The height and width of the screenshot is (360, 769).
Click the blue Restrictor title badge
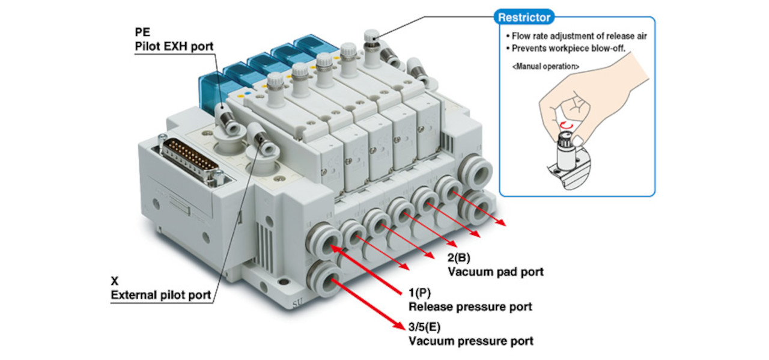[524, 17]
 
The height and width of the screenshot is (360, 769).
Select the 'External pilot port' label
[160, 295]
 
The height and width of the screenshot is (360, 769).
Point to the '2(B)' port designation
[459, 259]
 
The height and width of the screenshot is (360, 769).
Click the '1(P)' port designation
[421, 293]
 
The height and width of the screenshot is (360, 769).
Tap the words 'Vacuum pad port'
[496, 272]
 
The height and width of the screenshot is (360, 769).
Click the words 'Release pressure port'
[470, 307]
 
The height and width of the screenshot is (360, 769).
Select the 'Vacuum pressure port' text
[470, 341]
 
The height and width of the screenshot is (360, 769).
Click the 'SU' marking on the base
[298, 304]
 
